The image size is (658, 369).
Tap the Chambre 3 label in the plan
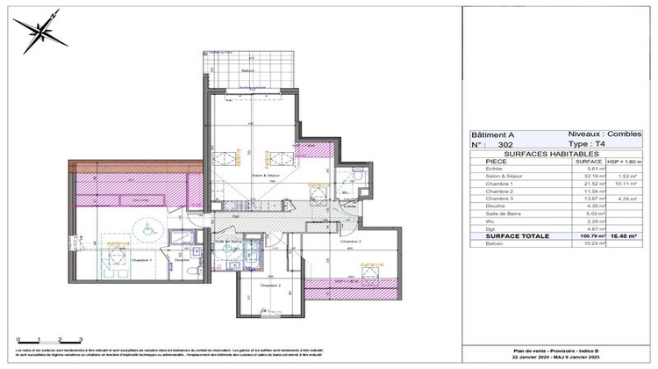click(x=351, y=242)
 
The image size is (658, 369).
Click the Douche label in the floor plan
click(x=182, y=259)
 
